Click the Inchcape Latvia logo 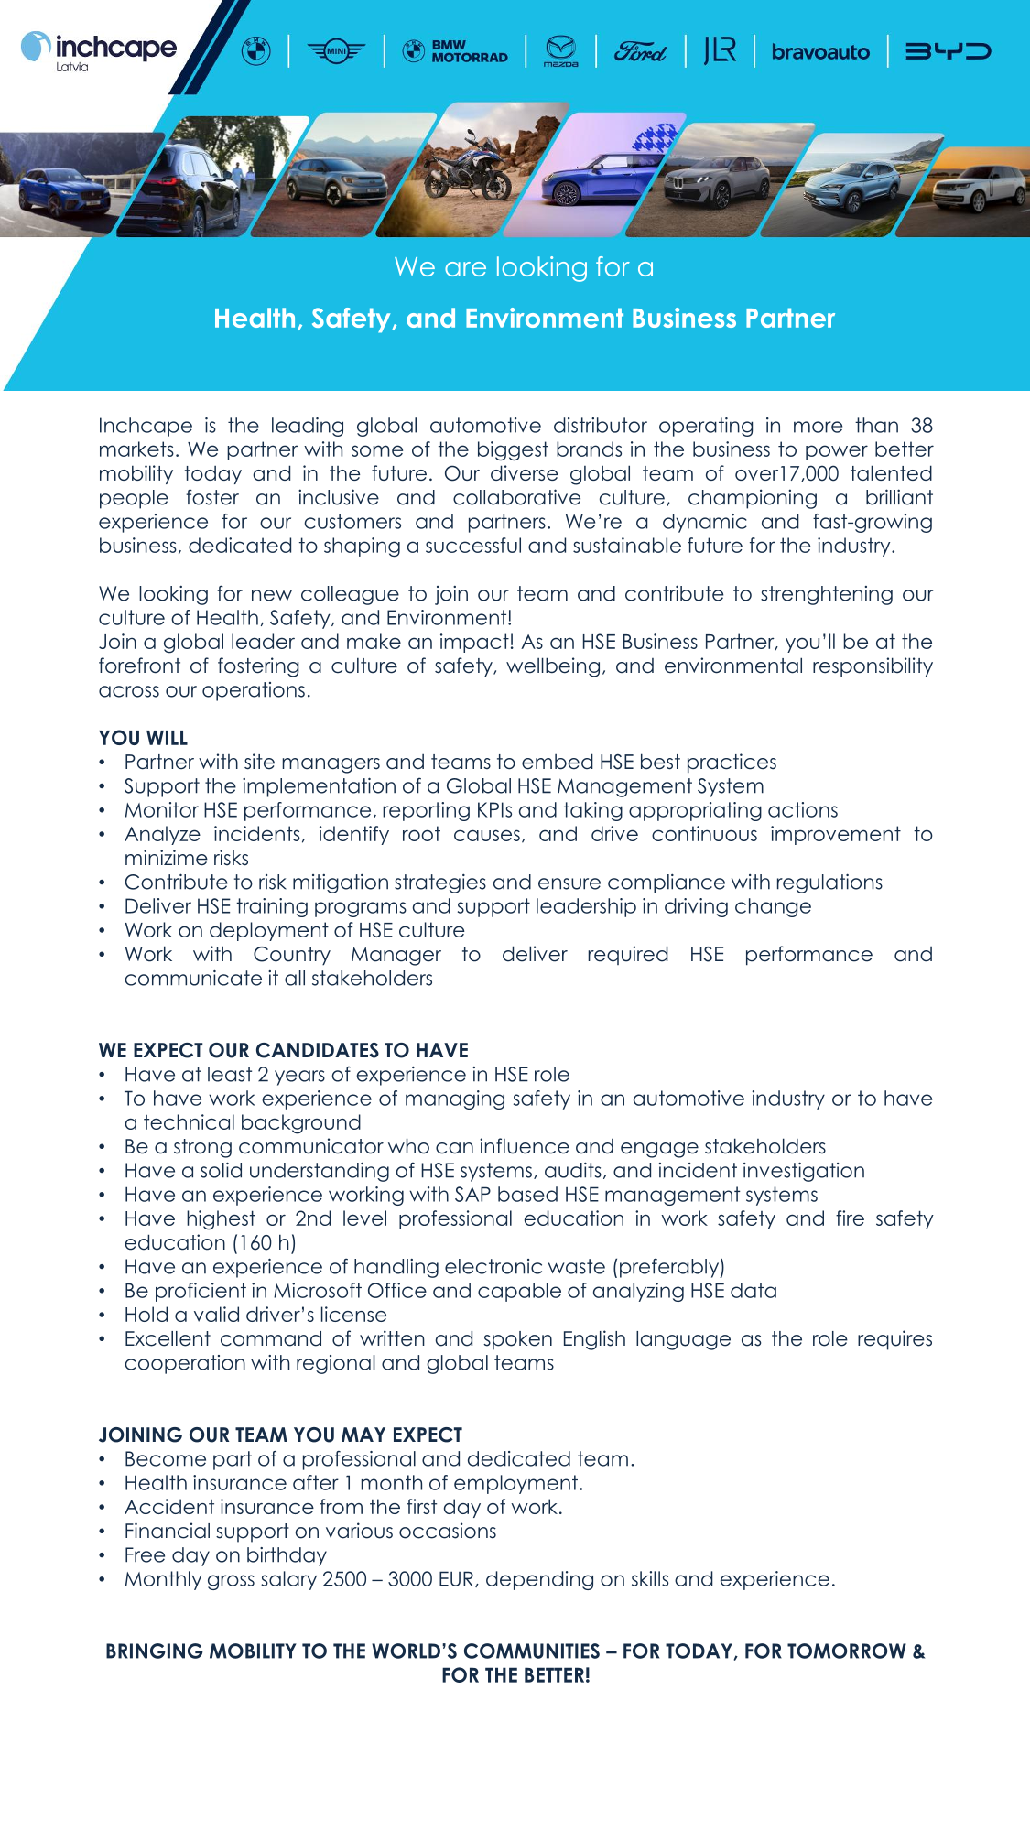(99, 50)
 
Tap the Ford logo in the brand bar (640, 51)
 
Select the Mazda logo (560, 51)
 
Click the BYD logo (948, 51)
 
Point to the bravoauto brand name (820, 52)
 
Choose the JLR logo (720, 50)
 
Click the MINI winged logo (336, 51)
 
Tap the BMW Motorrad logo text (456, 51)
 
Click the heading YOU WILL (143, 738)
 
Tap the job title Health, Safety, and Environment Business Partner (524, 319)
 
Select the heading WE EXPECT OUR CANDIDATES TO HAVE (284, 1050)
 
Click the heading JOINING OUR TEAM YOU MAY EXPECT (280, 1435)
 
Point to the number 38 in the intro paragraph (921, 426)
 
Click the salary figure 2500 (344, 1579)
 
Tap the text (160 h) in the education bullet (264, 1243)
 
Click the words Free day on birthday (225, 1555)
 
